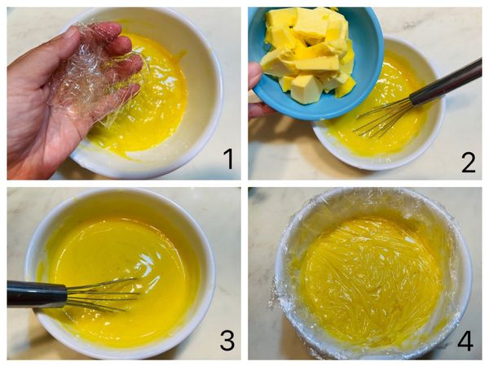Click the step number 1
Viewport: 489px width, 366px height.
[229, 159]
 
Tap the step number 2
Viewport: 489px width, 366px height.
[468, 162]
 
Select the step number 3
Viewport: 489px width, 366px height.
[227, 341]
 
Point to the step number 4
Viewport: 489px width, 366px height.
[465, 340]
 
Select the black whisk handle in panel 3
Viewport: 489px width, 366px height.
[37, 294]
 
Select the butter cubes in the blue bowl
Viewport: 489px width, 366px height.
[307, 53]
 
